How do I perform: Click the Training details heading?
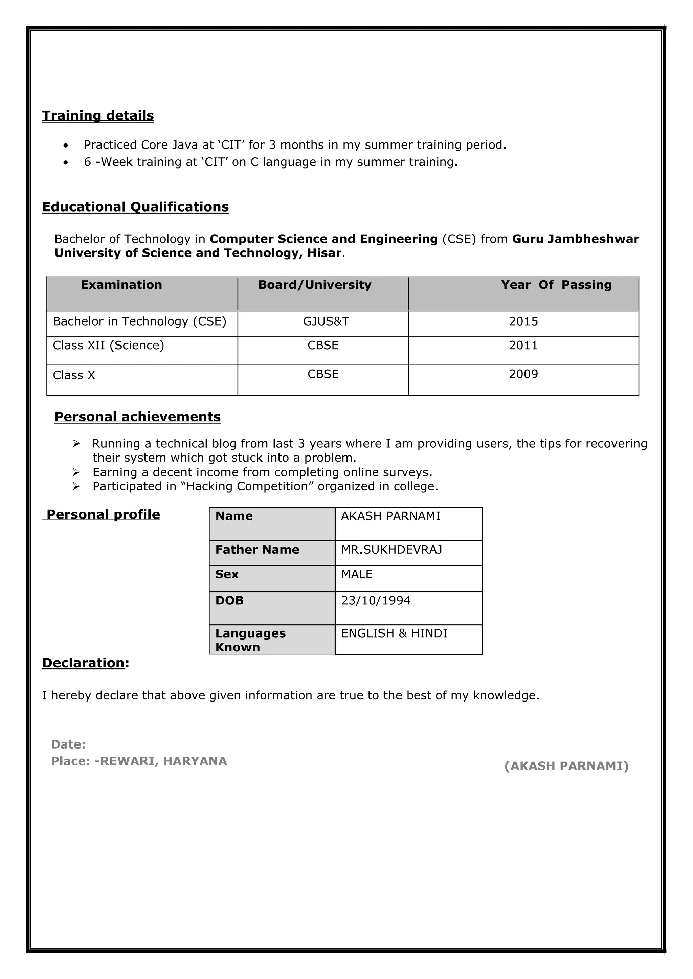[98, 116]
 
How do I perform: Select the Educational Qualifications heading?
[135, 207]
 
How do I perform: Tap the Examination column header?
[121, 285]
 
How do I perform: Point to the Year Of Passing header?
[556, 285]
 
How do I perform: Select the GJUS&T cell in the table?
[326, 321]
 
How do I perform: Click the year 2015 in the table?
[523, 321]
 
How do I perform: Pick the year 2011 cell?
[523, 345]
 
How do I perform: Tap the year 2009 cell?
[523, 374]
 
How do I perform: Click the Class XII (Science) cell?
[108, 345]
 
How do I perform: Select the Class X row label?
[74, 375]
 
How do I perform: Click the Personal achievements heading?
[137, 417]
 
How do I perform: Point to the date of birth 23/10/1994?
[376, 600]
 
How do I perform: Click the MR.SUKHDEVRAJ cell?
[391, 550]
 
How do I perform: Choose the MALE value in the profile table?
[357, 574]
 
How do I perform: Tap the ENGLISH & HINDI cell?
[394, 633]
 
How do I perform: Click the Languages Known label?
[250, 640]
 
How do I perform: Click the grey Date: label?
[68, 745]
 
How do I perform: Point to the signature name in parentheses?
[566, 766]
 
